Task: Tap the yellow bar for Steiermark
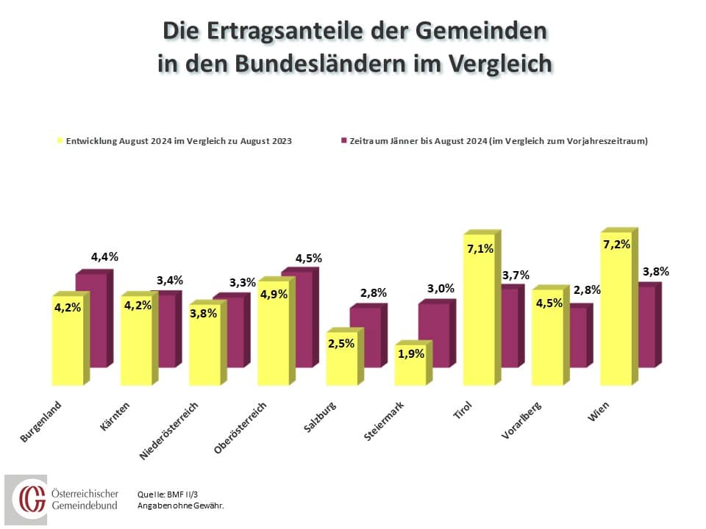coord(410,371)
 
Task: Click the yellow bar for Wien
coord(616,323)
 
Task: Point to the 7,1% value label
coord(480,249)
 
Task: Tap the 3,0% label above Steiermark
coord(441,288)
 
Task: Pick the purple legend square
coord(343,140)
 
